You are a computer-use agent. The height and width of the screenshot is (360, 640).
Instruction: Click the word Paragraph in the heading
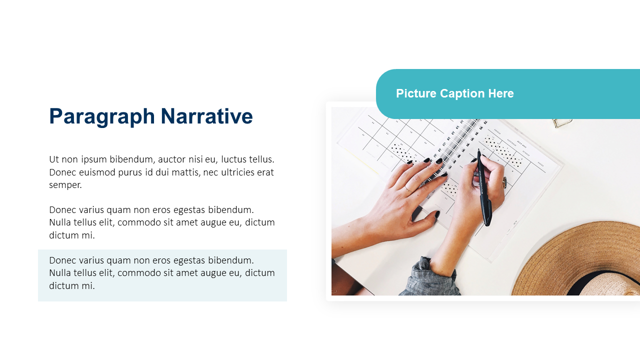coord(102,116)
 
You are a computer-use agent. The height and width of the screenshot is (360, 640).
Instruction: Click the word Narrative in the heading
coord(206,116)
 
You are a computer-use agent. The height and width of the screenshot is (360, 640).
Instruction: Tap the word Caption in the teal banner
coord(462,93)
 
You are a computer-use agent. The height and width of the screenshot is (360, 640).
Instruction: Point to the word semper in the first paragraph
coord(65,185)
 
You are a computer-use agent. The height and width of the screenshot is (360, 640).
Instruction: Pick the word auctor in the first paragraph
coord(171,159)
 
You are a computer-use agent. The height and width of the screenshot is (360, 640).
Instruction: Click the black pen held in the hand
coord(484,187)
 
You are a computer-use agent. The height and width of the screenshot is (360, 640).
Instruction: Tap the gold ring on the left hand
coord(408,189)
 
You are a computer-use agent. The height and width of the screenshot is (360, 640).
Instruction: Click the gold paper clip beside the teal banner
coord(562,123)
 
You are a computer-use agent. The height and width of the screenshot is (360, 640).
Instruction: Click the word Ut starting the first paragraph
coord(53,159)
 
